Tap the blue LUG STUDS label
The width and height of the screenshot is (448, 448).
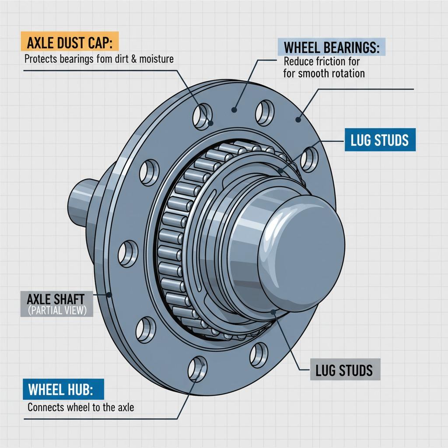380,140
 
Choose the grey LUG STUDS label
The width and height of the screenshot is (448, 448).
344,370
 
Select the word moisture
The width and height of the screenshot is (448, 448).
156,59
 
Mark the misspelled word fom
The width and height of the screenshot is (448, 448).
101,59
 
